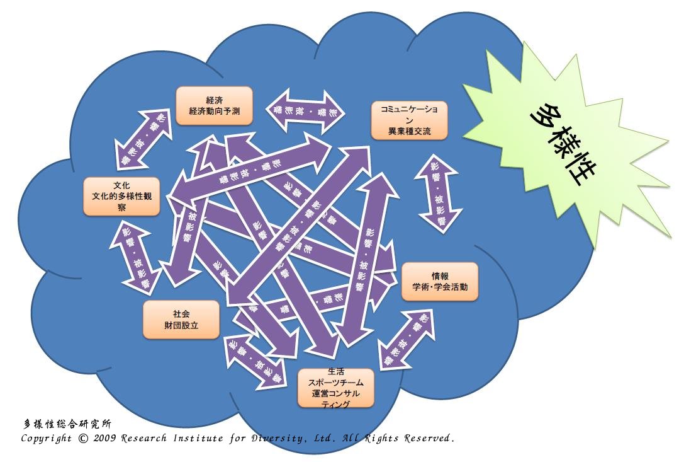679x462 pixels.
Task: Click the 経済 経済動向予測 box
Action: pos(214,105)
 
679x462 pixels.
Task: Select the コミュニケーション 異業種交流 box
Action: pos(409,120)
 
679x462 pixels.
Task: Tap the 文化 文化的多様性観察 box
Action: pos(121,196)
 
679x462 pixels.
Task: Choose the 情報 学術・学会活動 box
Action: pos(440,281)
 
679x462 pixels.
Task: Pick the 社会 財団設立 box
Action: pos(181,319)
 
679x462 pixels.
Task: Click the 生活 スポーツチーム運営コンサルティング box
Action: pos(335,388)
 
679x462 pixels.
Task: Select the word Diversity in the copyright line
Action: pos(281,437)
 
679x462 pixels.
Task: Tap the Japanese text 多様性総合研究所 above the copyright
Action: pos(67,424)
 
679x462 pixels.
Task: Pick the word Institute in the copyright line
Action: pos(201,437)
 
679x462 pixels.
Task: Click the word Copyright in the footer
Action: pos(46,438)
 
